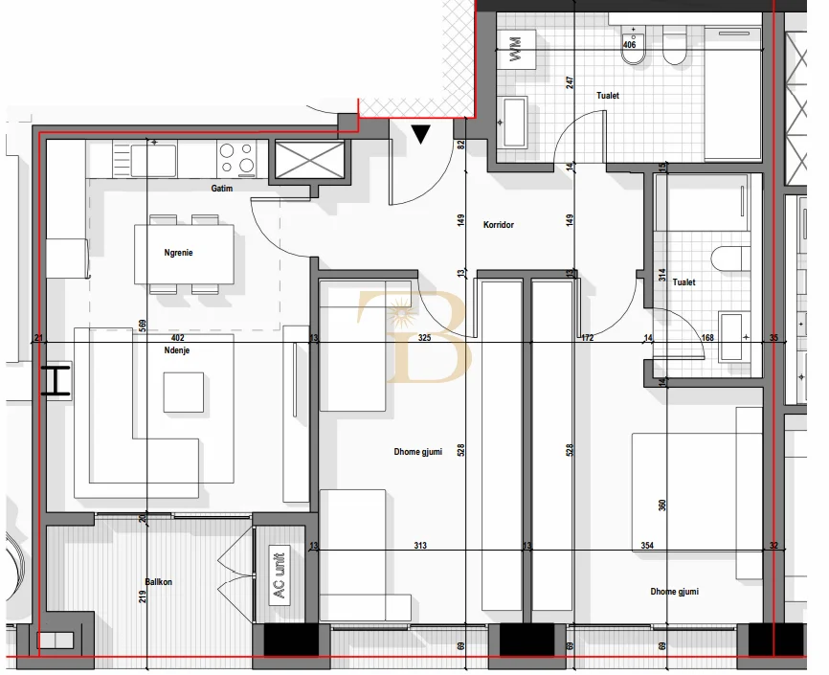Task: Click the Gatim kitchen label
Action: pyautogui.click(x=222, y=189)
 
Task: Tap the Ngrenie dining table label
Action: pyautogui.click(x=179, y=254)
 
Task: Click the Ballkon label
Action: pyautogui.click(x=158, y=581)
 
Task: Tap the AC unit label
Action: pyautogui.click(x=280, y=574)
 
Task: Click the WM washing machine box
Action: pyautogui.click(x=517, y=49)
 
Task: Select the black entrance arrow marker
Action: pyautogui.click(x=421, y=134)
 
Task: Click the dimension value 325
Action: pyautogui.click(x=425, y=338)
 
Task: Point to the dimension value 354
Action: pyautogui.click(x=648, y=546)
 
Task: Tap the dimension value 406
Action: pyautogui.click(x=629, y=45)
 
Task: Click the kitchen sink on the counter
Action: pyautogui.click(x=153, y=159)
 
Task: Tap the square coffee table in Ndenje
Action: pyautogui.click(x=183, y=392)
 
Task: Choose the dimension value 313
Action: pyautogui.click(x=420, y=546)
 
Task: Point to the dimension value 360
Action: pyautogui.click(x=662, y=505)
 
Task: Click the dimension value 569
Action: pyautogui.click(x=142, y=326)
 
